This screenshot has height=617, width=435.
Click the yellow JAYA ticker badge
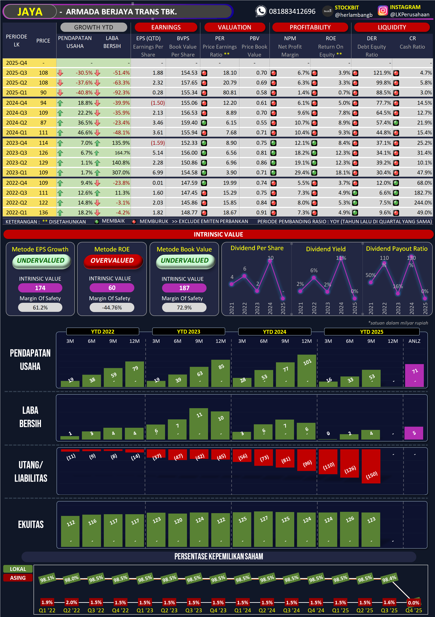(x=30, y=12)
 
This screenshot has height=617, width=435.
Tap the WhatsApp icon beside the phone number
(x=261, y=11)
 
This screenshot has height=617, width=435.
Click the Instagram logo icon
(x=383, y=11)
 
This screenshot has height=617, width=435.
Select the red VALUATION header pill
(x=234, y=27)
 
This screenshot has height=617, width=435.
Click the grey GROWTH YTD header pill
(x=93, y=27)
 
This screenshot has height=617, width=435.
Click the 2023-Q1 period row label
(x=17, y=172)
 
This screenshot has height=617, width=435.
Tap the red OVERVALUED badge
(x=112, y=261)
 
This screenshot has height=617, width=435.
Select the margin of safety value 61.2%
(x=40, y=308)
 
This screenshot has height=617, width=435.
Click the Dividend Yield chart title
(x=326, y=249)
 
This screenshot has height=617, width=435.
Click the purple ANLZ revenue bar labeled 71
(x=414, y=375)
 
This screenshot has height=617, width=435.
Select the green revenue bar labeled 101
(x=307, y=371)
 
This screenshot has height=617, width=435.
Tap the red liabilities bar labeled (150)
(x=371, y=466)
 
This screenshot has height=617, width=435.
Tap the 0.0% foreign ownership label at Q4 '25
(x=414, y=603)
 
